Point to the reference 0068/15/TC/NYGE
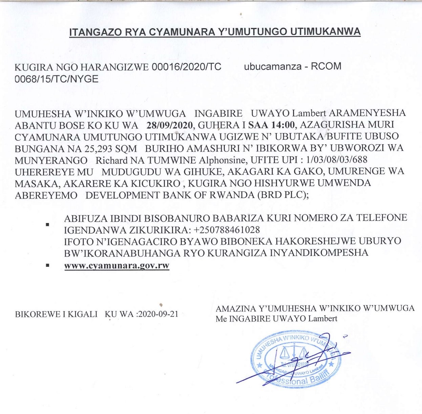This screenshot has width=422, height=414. click(57, 79)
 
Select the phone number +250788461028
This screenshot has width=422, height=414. click(227, 230)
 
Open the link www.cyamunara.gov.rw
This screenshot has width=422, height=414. click(117, 265)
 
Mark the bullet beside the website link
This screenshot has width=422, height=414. click(48, 265)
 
